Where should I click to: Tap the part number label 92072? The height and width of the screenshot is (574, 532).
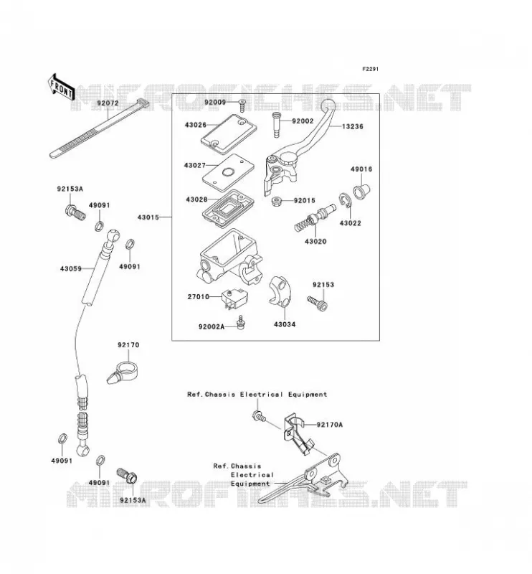coord(108,103)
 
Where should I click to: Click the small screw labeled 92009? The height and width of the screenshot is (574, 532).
coord(242,105)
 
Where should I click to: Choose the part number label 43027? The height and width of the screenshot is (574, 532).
coord(194,166)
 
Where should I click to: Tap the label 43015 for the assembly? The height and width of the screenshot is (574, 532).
coord(148,217)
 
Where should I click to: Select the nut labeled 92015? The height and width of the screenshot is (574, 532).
coord(277,201)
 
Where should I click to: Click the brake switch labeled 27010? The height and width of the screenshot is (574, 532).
coord(234,298)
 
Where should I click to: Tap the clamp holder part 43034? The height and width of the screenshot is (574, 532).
coord(279,291)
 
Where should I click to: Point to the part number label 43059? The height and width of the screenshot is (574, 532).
coord(70,268)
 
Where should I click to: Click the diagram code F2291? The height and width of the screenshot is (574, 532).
coord(370,69)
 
